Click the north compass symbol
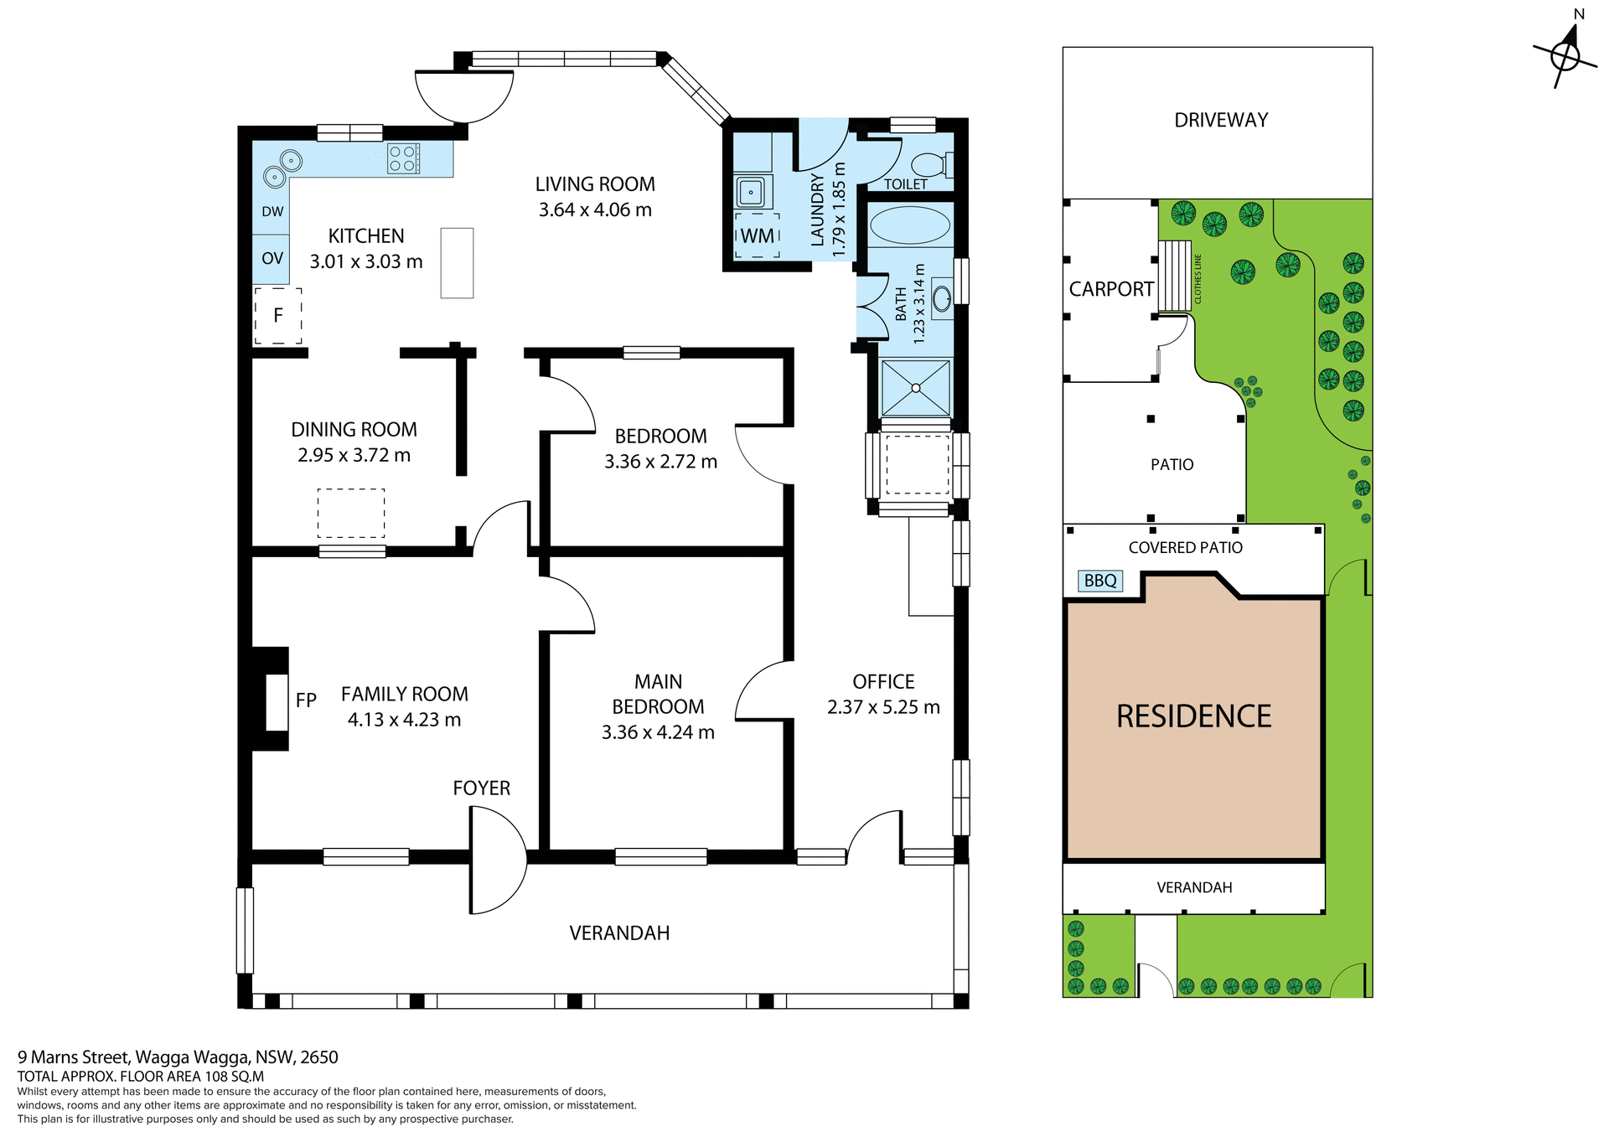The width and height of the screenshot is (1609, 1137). pyautogui.click(x=1565, y=56)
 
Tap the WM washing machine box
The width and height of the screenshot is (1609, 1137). pyautogui.click(x=758, y=235)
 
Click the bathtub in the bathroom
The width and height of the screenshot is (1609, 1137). pyautogui.click(x=910, y=225)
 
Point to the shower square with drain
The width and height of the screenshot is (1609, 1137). pyautogui.click(x=916, y=388)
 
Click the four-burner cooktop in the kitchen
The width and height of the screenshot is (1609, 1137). pyautogui.click(x=403, y=159)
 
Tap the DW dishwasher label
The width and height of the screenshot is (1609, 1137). pyautogui.click(x=272, y=212)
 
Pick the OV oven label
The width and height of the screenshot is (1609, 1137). pyautogui.click(x=272, y=259)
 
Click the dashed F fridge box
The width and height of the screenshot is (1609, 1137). pyautogui.click(x=278, y=316)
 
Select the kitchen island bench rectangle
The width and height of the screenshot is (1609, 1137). pyautogui.click(x=457, y=263)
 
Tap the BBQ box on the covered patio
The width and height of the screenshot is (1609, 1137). pyautogui.click(x=1099, y=581)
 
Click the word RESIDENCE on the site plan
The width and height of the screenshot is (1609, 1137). pyautogui.click(x=1193, y=716)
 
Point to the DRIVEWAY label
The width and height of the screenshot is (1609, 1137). pyautogui.click(x=1220, y=121)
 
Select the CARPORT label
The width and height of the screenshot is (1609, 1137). pyautogui.click(x=1111, y=289)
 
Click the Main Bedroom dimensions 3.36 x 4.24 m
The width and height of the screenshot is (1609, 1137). pyautogui.click(x=658, y=732)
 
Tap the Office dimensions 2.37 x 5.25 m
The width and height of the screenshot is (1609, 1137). pyautogui.click(x=883, y=707)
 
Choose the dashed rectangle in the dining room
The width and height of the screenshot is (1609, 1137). pyautogui.click(x=351, y=513)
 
